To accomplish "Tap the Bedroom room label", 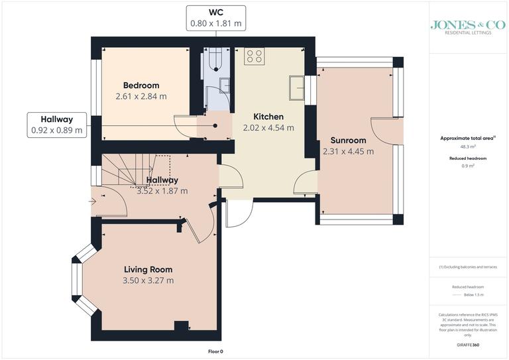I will (x=141, y=86).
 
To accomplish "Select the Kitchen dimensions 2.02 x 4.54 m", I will (x=268, y=128).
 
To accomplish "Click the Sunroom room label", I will (x=348, y=140).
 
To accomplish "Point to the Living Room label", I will (x=148, y=269).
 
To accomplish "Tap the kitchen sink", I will (x=296, y=87).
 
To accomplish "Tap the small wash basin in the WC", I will (x=225, y=85).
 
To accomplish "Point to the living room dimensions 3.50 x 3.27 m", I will (x=148, y=280).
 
